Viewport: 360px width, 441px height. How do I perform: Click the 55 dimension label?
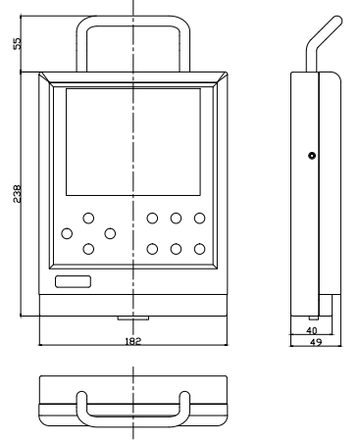(x=17, y=43)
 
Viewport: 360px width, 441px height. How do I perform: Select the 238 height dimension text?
(x=17, y=194)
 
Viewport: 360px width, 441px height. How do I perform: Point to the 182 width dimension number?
(x=133, y=341)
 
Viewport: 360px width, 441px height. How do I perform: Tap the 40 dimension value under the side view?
(x=312, y=330)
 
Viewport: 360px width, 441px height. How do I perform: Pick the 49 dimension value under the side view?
(x=316, y=342)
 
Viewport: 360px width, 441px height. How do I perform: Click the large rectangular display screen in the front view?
(x=133, y=142)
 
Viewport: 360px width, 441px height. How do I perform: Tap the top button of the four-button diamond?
(x=88, y=218)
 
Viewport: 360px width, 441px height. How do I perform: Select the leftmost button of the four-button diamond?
(x=67, y=233)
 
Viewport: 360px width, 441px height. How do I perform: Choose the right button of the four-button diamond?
(x=110, y=233)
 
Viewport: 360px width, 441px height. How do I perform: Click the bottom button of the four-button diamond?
(x=88, y=249)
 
